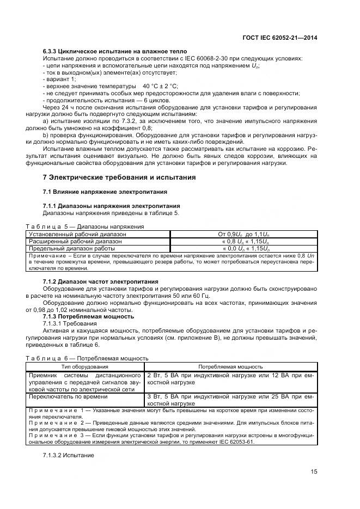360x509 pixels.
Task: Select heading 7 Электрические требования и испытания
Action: click(x=119, y=177)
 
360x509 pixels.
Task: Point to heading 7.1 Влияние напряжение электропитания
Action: click(x=105, y=192)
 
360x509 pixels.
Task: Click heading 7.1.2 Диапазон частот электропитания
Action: click(x=100, y=281)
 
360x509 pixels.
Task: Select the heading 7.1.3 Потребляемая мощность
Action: click(x=88, y=316)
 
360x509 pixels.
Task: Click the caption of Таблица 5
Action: click(x=84, y=226)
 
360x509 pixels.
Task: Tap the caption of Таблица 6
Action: click(x=87, y=359)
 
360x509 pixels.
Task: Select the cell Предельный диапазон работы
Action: click(x=64, y=248)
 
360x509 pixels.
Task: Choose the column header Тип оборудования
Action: click(x=84, y=366)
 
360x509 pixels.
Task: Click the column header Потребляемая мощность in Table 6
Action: click(x=230, y=366)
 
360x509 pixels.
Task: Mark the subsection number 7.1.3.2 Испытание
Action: click(x=69, y=455)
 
